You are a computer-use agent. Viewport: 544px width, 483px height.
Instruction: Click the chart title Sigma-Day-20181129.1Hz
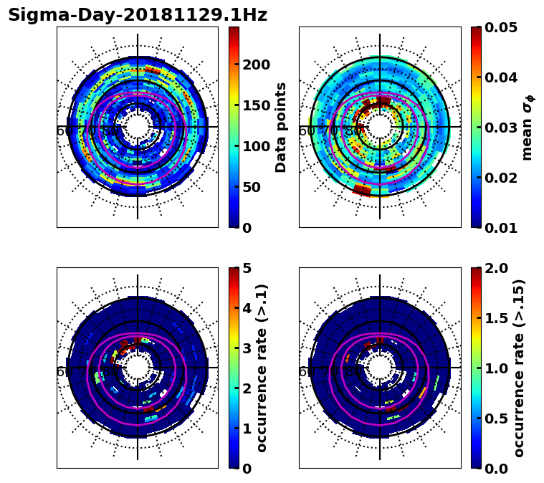tap(138, 15)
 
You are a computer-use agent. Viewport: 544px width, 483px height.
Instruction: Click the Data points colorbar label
tap(281, 127)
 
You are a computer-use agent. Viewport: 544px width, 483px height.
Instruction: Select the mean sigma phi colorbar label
tap(528, 127)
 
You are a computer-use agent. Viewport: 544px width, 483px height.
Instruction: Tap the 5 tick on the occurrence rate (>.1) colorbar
tap(246, 269)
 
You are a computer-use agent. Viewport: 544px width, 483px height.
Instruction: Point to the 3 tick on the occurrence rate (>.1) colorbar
tap(246, 348)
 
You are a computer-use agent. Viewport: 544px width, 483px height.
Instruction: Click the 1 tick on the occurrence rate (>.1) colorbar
tap(246, 429)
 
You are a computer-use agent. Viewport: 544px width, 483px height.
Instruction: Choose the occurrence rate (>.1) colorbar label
tap(262, 368)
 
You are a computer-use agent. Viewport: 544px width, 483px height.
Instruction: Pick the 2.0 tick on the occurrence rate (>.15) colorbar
tap(492, 268)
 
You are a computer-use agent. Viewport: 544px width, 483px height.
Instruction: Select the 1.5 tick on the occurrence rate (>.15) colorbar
tap(492, 318)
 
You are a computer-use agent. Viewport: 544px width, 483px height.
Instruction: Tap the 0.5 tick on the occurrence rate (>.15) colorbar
tap(492, 419)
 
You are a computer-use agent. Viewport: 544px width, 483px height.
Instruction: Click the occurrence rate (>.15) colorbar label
tap(519, 368)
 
